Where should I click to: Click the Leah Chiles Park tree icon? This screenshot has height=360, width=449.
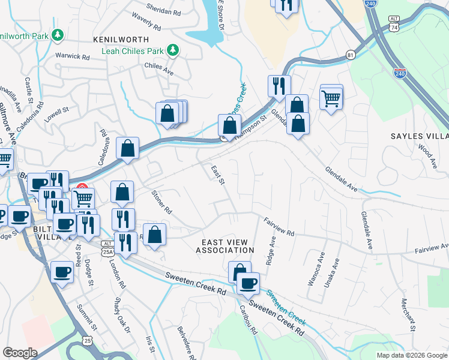coord(173,49)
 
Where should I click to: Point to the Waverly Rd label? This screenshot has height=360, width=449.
coord(146,23)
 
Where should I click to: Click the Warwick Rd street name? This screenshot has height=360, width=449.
coord(73,56)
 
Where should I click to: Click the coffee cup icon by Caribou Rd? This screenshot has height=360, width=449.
coord(247,283)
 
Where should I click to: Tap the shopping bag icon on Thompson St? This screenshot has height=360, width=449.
coord(229,126)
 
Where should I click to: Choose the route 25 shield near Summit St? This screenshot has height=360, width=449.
coord(88,340)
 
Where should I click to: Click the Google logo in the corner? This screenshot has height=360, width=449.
coord(20,353)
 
